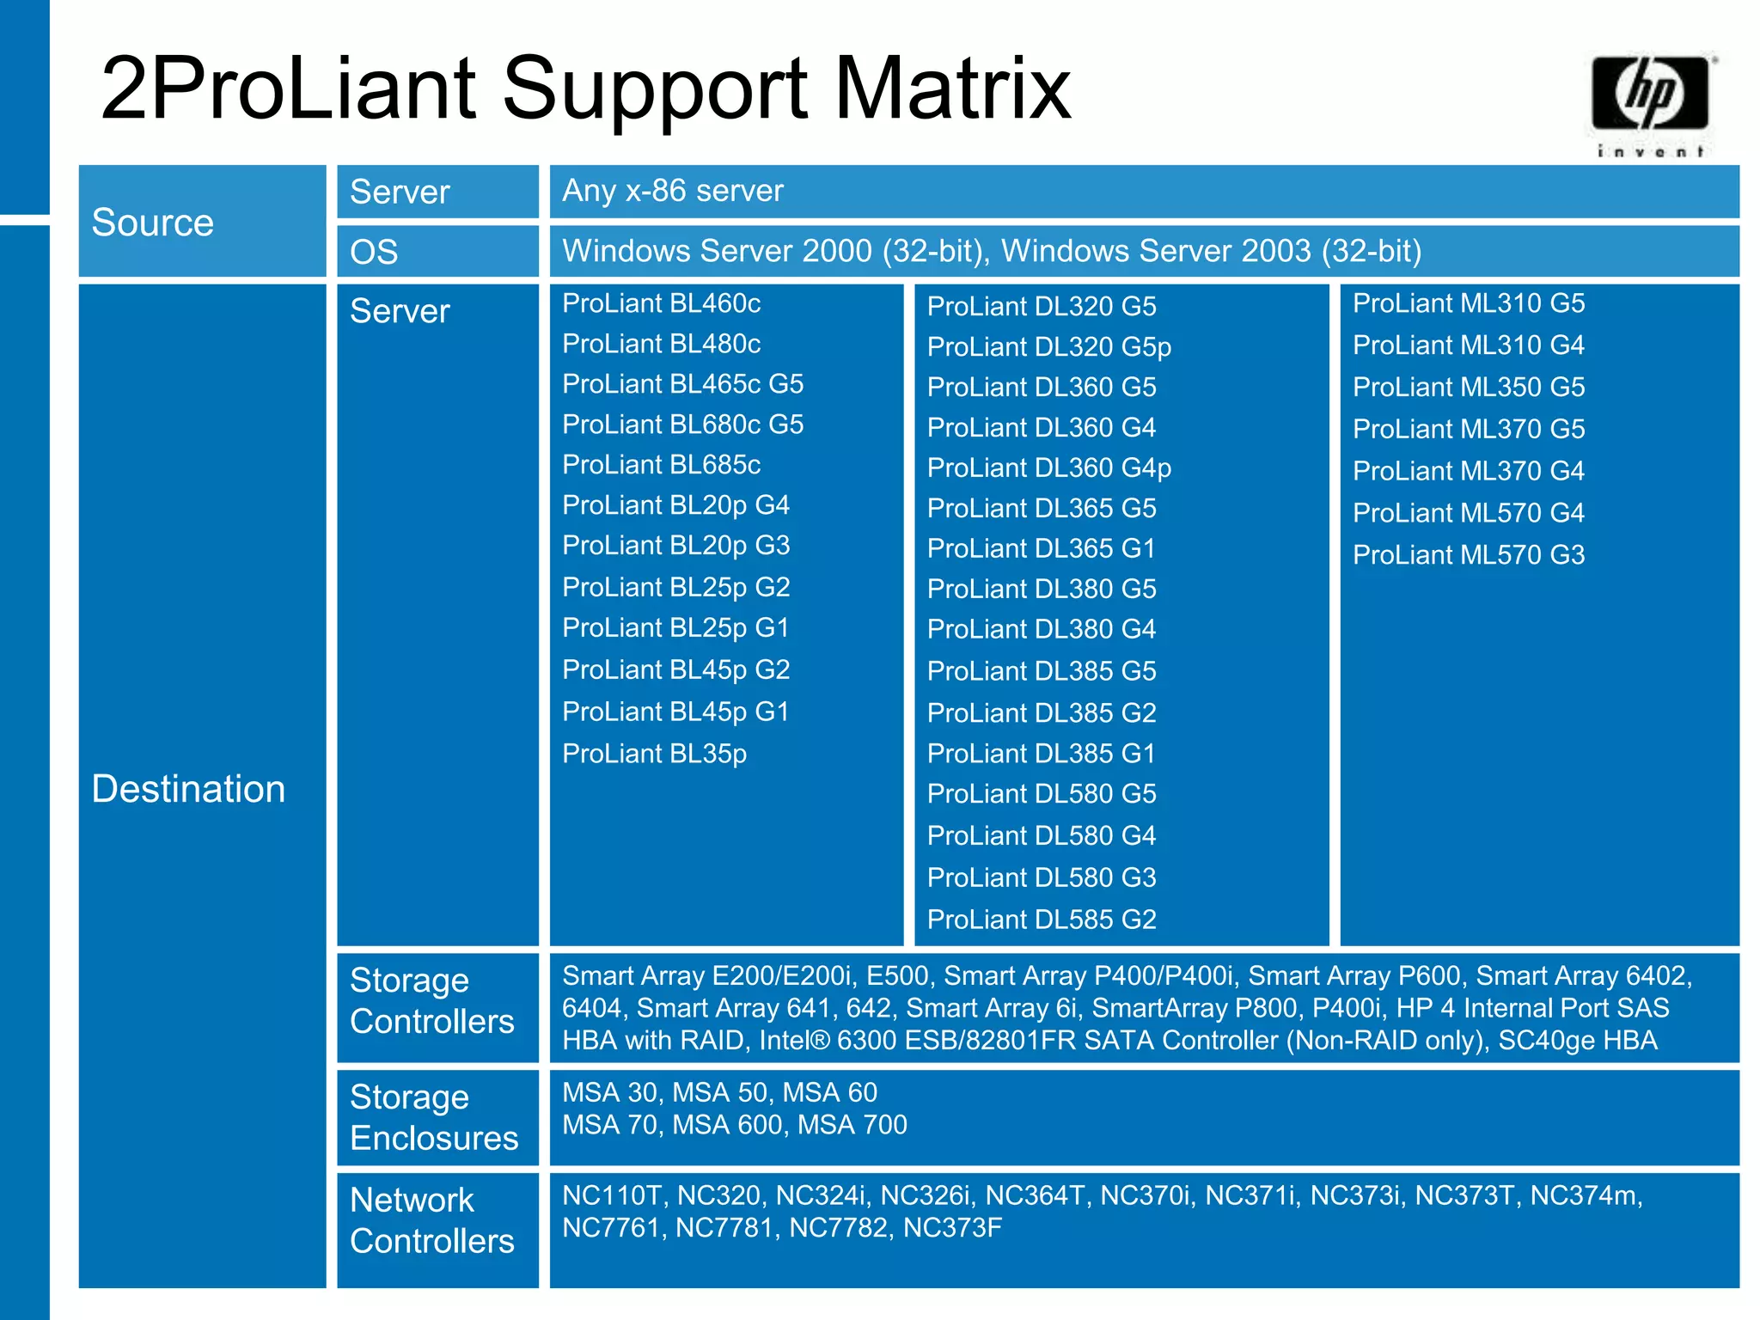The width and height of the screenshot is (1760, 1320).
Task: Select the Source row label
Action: click(x=152, y=223)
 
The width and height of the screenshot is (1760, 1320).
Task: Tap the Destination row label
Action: click(x=188, y=789)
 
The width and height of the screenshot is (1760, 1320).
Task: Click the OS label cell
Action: click(x=374, y=252)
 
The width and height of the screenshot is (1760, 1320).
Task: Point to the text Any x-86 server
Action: click(x=672, y=191)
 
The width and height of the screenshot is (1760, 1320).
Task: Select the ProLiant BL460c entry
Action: click(x=661, y=303)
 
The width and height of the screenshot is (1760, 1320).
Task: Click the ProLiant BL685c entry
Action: click(x=661, y=465)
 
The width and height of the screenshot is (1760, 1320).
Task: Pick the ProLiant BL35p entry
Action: click(x=654, y=754)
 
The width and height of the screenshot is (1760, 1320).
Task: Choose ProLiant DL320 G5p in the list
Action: click(x=1048, y=347)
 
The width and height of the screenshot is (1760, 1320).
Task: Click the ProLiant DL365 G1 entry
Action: click(x=1041, y=548)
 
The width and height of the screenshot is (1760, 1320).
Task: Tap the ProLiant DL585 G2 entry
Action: click(x=1041, y=920)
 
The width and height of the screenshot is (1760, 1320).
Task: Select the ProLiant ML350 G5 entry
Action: click(x=1468, y=388)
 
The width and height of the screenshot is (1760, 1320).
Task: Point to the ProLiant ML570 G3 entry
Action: click(x=1468, y=555)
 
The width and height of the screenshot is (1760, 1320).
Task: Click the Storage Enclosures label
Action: click(x=434, y=1117)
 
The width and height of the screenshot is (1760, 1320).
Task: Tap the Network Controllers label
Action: click(x=431, y=1220)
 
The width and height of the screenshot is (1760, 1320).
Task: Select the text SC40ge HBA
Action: click(x=1577, y=1041)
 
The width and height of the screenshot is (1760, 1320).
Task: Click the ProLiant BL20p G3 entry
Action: click(x=675, y=546)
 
